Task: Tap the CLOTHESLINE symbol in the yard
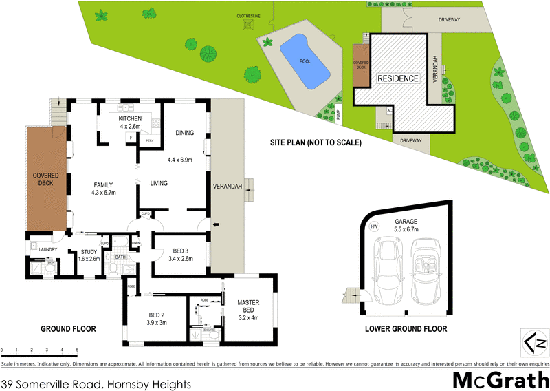247,25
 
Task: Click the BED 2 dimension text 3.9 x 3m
157,323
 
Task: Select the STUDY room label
89,252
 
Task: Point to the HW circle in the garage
374,226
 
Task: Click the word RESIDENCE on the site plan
398,78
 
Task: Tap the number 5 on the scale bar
77,350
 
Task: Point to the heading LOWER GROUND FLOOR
406,329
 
